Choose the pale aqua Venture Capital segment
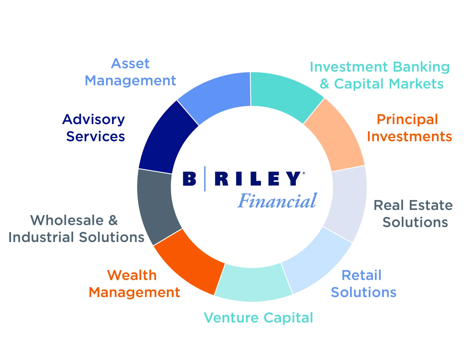253,283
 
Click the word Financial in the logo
277,201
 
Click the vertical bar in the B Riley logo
205,179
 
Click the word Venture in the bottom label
231,317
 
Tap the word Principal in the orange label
407,120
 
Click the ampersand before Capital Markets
324,84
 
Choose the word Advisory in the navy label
93,120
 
